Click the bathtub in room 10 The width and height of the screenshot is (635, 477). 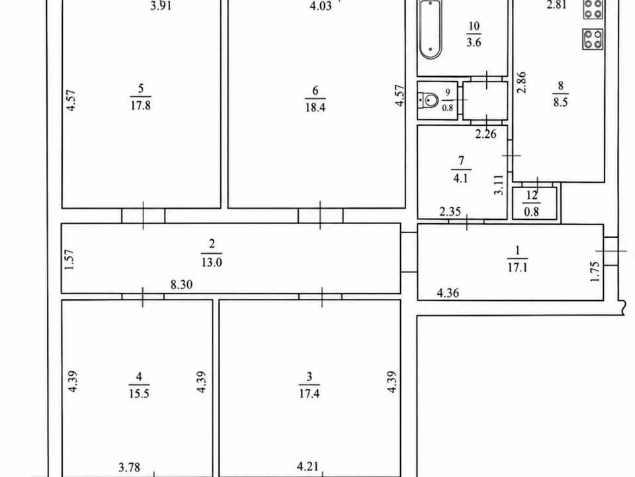(x=430, y=29)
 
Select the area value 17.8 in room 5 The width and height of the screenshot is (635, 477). (x=140, y=105)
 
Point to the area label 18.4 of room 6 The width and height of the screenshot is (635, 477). (x=315, y=107)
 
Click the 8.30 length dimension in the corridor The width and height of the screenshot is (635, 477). (x=181, y=284)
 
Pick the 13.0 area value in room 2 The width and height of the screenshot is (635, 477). (x=212, y=262)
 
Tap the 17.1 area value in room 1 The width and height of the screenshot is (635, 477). (x=517, y=267)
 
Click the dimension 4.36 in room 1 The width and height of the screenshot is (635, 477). (x=448, y=292)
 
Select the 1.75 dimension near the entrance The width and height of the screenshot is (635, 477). (x=595, y=272)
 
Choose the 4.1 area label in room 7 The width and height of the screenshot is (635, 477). (x=461, y=178)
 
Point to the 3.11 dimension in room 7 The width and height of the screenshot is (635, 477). (x=499, y=185)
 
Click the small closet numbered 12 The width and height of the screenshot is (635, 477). (x=534, y=203)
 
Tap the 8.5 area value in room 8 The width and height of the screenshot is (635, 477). (x=560, y=102)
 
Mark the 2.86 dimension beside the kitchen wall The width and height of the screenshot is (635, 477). (x=522, y=83)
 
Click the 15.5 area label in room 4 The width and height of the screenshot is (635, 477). (x=139, y=394)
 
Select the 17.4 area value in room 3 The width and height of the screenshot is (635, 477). (x=309, y=394)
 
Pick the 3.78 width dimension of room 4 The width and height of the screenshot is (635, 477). (x=129, y=467)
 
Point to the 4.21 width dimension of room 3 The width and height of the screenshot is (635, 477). (x=308, y=466)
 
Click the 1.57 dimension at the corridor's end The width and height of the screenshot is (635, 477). (x=69, y=260)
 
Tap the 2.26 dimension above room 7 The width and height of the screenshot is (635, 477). (x=486, y=133)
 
